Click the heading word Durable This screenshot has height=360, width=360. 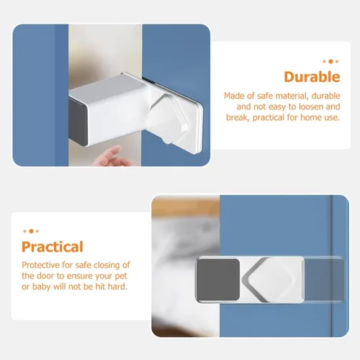[312, 77]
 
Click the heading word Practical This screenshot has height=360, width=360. [53, 247]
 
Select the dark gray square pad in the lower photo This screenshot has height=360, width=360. [218, 279]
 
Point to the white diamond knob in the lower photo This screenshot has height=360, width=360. [270, 280]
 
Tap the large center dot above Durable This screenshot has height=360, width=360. [330, 61]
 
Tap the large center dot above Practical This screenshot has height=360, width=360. [31, 231]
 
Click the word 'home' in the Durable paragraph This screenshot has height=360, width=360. [310, 117]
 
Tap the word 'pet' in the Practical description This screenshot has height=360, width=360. [121, 276]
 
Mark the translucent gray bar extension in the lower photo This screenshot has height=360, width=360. [324, 279]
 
